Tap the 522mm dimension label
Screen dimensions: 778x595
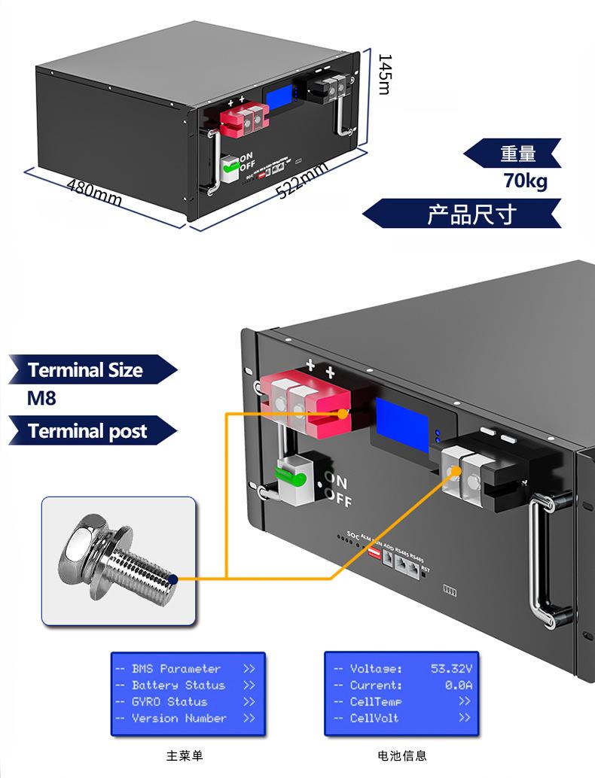(303, 181)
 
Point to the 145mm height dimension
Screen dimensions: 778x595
(383, 74)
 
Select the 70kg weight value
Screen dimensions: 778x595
(526, 181)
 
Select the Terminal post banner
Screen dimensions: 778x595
(87, 431)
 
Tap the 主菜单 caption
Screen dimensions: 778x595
(185, 755)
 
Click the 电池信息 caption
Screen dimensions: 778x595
(402, 755)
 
